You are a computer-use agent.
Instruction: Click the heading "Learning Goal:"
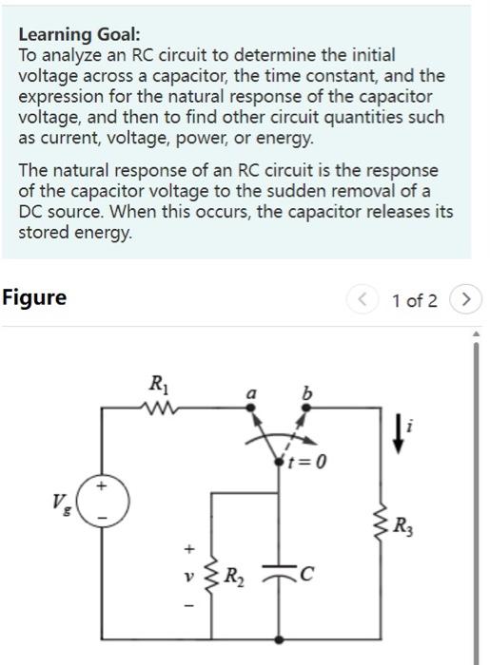point(79,35)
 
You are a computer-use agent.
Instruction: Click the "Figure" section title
point(34,297)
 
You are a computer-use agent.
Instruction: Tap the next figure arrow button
point(465,300)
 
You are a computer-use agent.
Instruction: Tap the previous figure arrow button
point(362,300)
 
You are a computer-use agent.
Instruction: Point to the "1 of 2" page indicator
point(414,301)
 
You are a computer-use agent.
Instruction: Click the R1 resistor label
point(156,386)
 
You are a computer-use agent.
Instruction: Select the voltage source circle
point(103,502)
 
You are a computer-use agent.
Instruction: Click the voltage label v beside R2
point(188,576)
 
